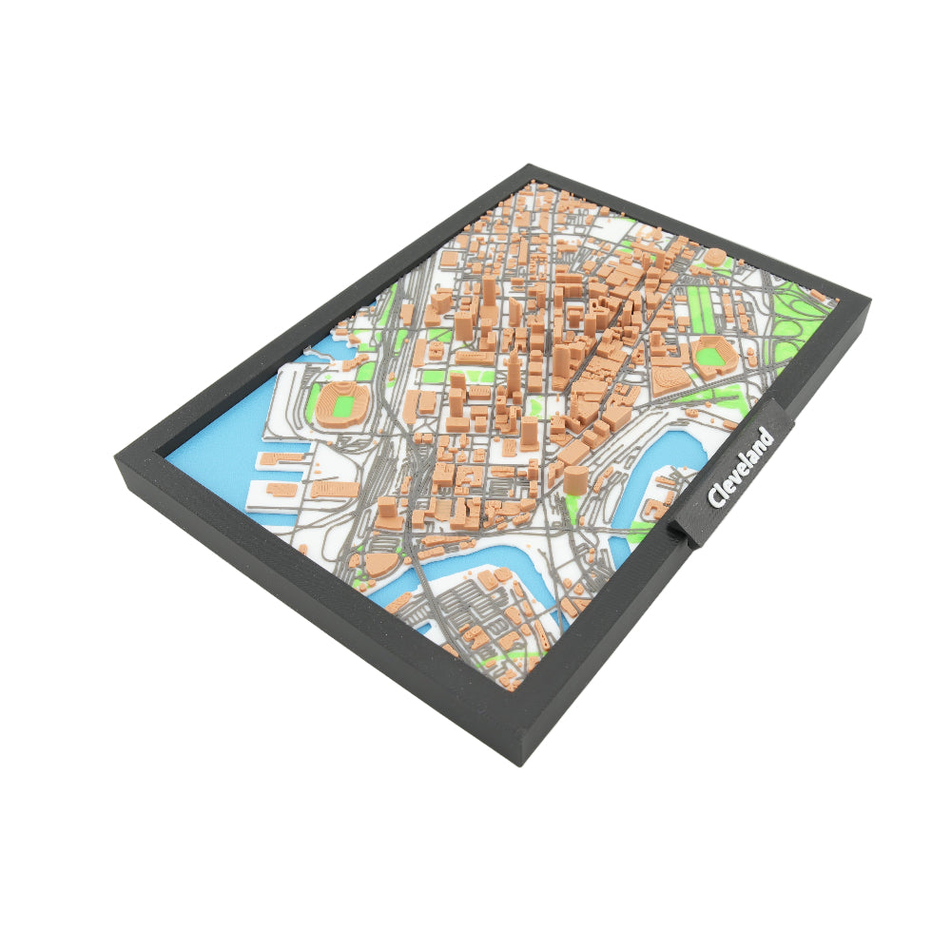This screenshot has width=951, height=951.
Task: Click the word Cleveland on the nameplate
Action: pyautogui.click(x=740, y=469)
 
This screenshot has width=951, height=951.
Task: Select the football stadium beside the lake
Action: pyautogui.click(x=340, y=403)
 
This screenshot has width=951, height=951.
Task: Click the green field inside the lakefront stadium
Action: pyautogui.click(x=340, y=402)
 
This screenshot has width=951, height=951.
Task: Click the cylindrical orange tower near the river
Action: pyautogui.click(x=574, y=478)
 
